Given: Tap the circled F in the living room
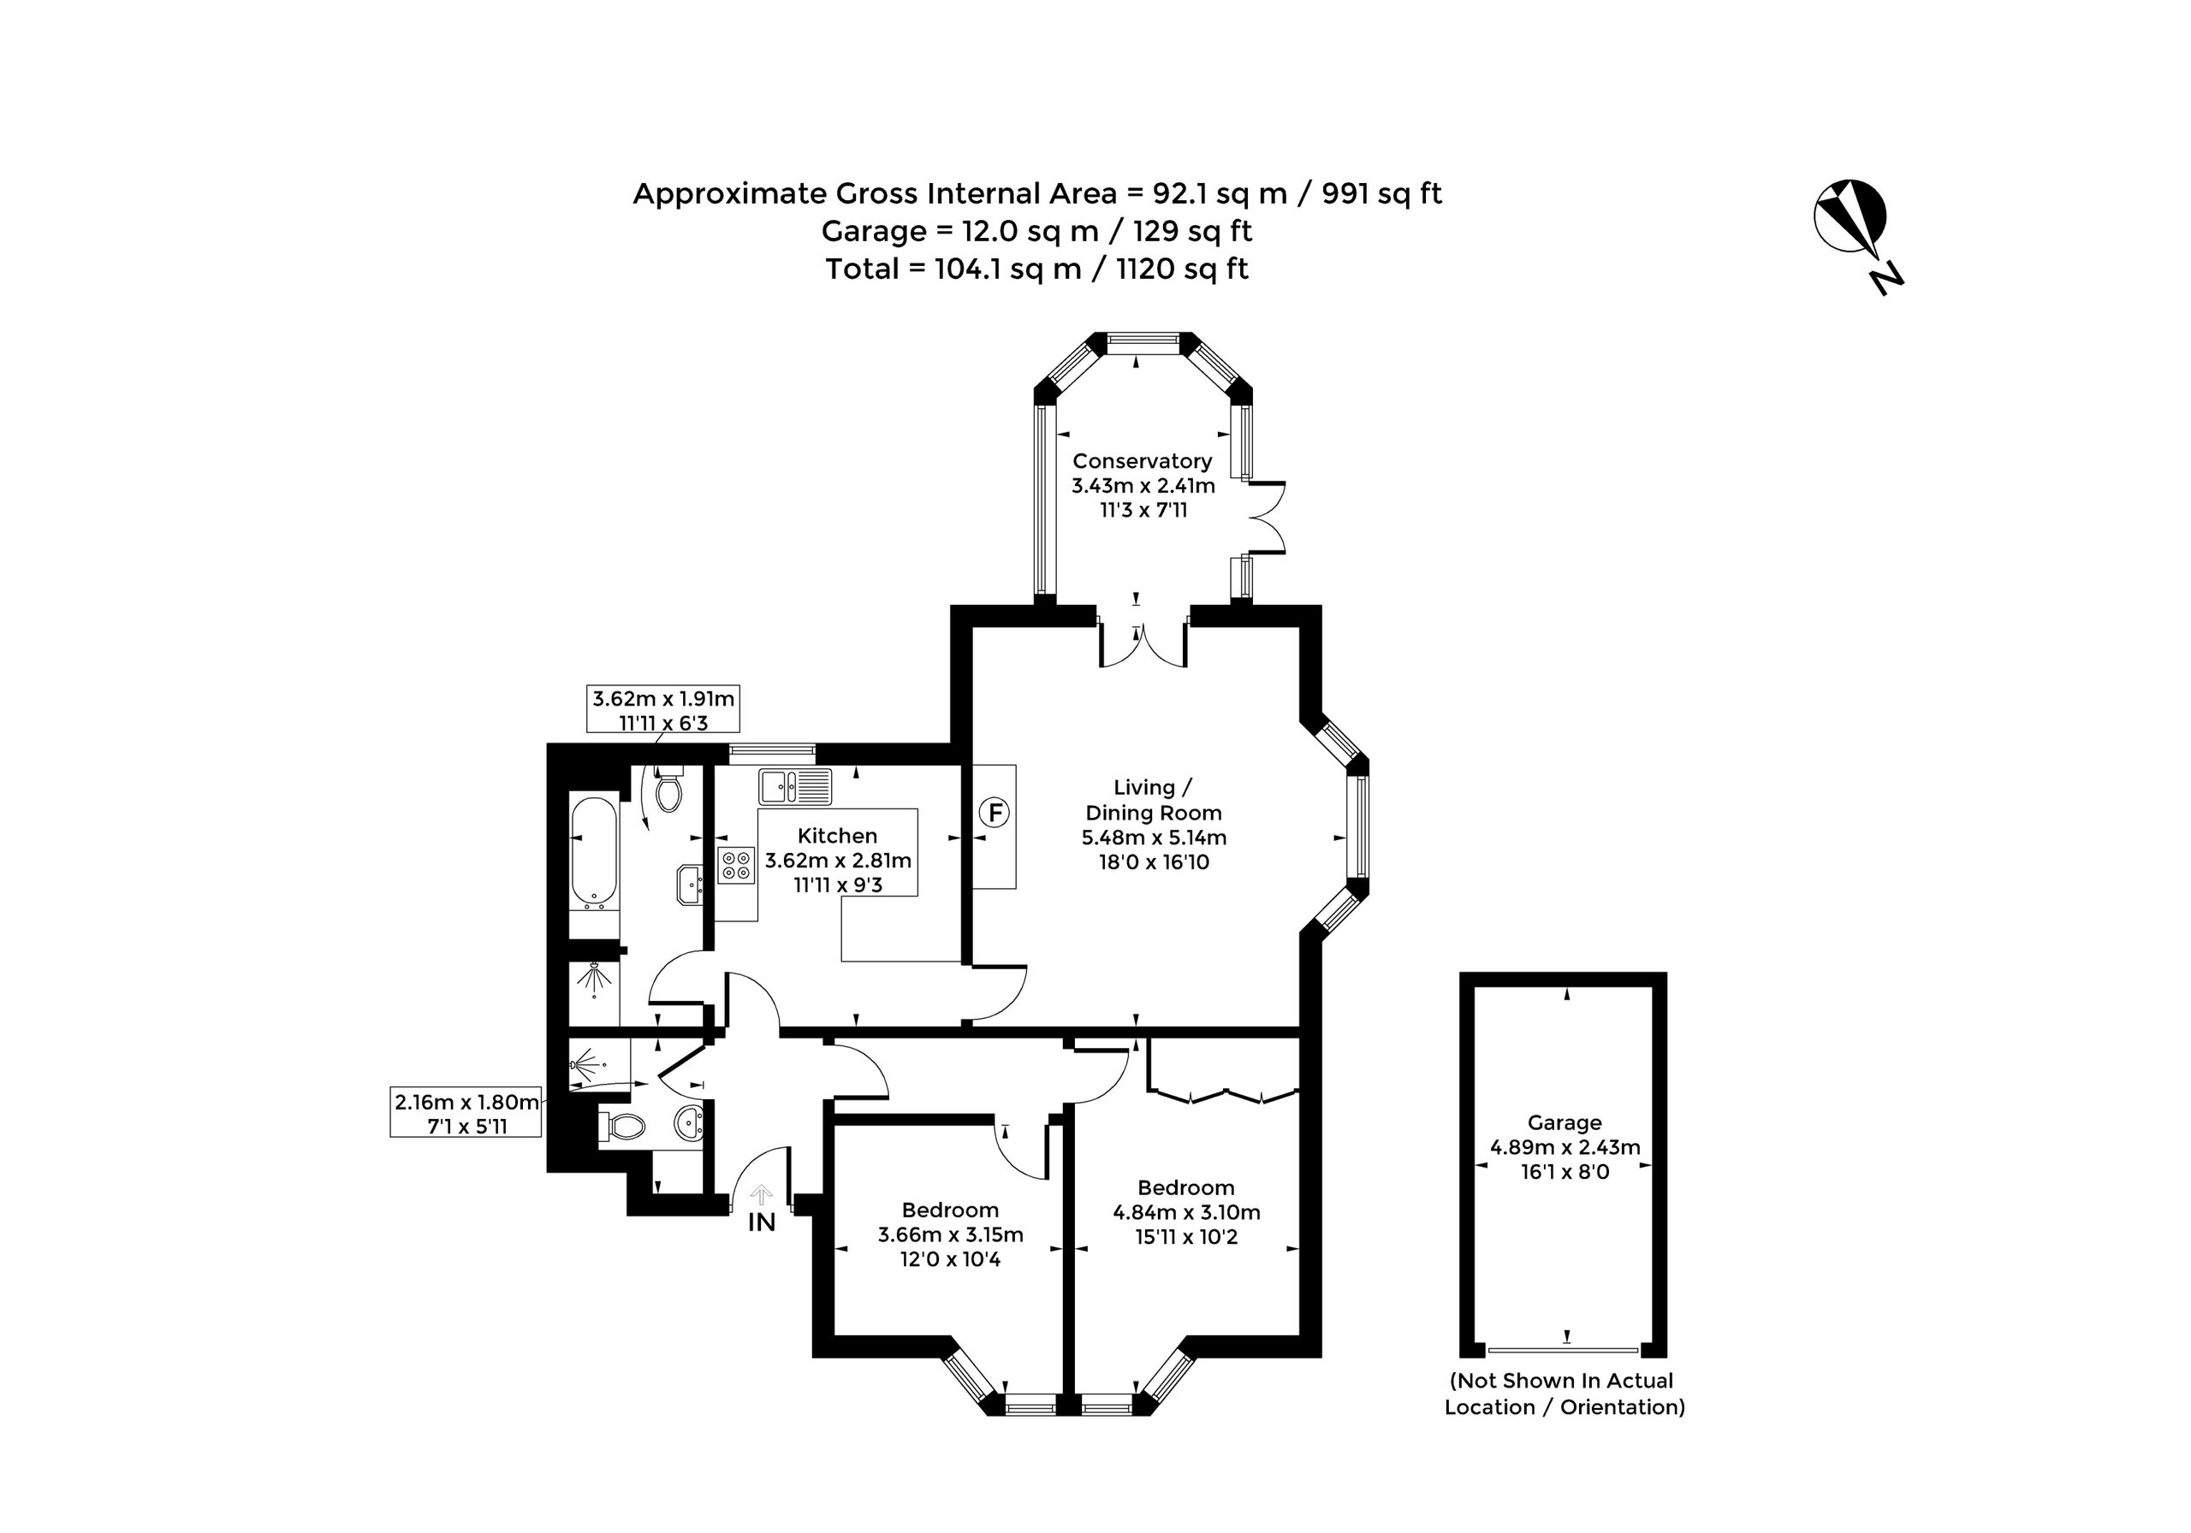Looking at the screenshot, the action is click(995, 814).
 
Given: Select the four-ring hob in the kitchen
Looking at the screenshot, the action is click(737, 864).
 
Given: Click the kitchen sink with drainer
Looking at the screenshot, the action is click(796, 787).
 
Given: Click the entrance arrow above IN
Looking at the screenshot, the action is click(762, 1194).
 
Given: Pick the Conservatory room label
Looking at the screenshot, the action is click(1143, 461).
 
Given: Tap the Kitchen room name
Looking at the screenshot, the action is click(838, 836).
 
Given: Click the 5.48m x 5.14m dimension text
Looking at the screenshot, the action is click(1154, 838).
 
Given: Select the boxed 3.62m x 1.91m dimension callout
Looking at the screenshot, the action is click(663, 711).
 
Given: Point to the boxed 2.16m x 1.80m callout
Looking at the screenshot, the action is click(466, 1113).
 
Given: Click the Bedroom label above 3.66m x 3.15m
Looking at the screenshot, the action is click(951, 1210).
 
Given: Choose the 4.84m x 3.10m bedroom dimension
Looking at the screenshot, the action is click(1186, 1212).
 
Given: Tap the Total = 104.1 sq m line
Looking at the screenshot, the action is click(1037, 269).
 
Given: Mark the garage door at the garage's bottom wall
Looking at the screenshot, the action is click(1563, 1350).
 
